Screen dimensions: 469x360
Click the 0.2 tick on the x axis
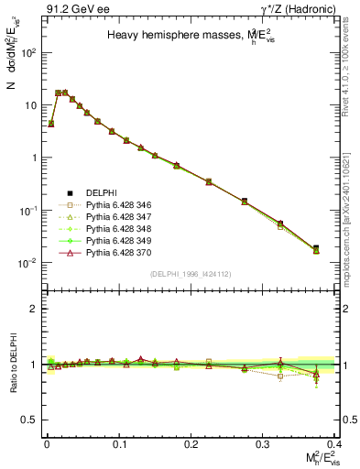coord(191,442)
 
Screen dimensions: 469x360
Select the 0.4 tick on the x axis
coord(334,442)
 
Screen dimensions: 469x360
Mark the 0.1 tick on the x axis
coord(119,442)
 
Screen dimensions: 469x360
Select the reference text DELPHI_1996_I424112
coord(191,275)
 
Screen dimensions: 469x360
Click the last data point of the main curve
coord(316,249)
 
